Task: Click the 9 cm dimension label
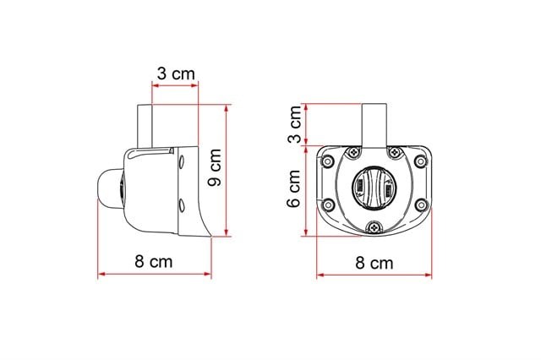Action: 214,167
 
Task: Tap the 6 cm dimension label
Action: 294,188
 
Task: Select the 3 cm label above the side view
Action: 176,74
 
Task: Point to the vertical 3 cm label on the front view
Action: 296,124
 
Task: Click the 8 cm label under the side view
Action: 153,262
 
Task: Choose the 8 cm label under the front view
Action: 374,263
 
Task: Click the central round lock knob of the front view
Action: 374,188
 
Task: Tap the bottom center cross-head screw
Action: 374,226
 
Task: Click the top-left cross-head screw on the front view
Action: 353,152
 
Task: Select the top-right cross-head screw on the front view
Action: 395,152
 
